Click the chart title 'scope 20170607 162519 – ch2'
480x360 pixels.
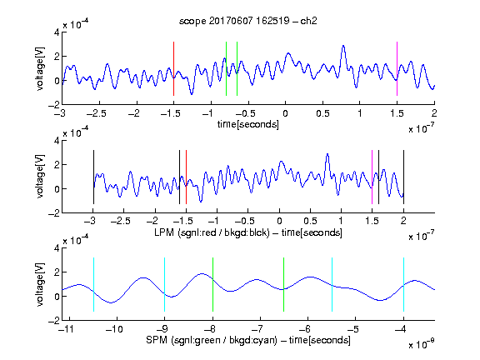[x=248, y=21]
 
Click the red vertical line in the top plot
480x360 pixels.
[x=173, y=69]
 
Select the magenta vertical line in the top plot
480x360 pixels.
[x=397, y=69]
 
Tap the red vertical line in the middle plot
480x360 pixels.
[x=186, y=177]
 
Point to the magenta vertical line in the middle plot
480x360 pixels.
[x=372, y=177]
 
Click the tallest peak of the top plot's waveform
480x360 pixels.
[x=343, y=46]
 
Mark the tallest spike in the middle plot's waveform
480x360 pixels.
[x=327, y=154]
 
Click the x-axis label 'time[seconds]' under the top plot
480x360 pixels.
[x=248, y=124]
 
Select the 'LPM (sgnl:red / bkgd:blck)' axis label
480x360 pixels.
[x=212, y=232]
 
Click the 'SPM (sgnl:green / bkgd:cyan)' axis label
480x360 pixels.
[x=212, y=340]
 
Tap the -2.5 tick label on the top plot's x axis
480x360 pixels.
[x=96, y=113]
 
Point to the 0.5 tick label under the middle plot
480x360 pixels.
[x=310, y=221]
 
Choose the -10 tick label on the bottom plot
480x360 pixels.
[x=114, y=329]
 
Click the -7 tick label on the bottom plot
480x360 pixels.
[x=259, y=329]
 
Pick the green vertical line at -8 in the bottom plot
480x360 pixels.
[x=212, y=285]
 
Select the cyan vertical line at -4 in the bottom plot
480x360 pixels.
[x=403, y=285]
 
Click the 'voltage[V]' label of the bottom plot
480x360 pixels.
[x=40, y=284]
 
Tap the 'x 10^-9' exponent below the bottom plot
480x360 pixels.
[x=422, y=343]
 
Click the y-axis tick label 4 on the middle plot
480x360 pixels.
[x=57, y=141]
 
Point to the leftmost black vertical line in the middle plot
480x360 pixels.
[x=93, y=177]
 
